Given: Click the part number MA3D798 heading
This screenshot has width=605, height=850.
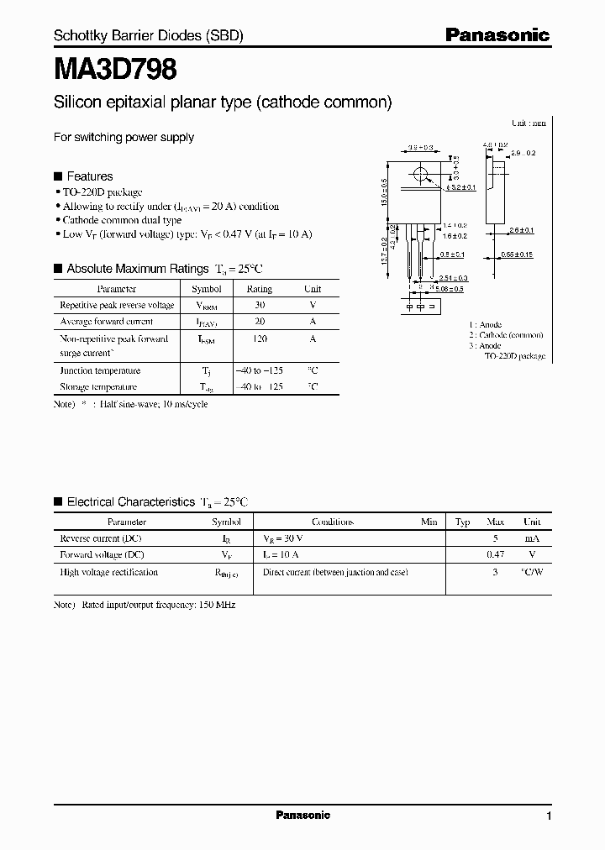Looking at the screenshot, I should [x=115, y=70].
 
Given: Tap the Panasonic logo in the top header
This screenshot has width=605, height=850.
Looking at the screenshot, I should [x=497, y=35].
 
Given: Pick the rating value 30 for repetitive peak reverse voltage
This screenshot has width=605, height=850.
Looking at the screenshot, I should [x=259, y=306].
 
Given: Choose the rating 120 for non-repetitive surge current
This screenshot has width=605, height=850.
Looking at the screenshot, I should [x=259, y=339].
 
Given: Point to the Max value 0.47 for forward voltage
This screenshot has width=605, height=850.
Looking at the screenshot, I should [x=496, y=554].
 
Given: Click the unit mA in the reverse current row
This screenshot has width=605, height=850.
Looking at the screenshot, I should [x=532, y=538].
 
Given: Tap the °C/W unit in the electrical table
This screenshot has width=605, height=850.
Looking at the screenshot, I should [x=532, y=572].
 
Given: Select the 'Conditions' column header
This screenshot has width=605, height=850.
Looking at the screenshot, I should [x=333, y=522].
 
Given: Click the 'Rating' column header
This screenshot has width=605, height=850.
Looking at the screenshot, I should [x=259, y=289].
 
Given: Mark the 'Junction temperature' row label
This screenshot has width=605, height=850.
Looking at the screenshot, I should [x=100, y=370].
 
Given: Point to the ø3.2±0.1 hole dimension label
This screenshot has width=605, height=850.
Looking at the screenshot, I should [x=460, y=187].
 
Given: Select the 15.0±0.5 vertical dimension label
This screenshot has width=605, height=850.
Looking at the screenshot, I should [x=386, y=193].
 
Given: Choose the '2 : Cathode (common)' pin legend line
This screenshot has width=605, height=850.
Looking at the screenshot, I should [x=506, y=334].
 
